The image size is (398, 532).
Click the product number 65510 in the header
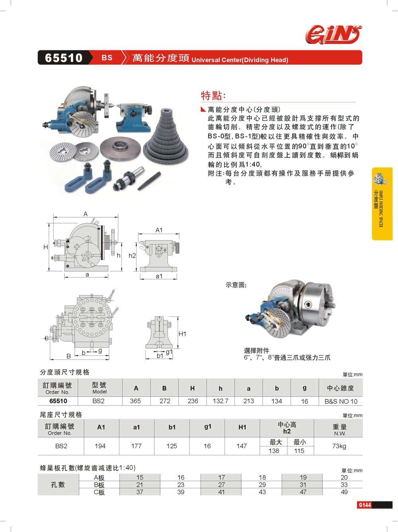[64, 58]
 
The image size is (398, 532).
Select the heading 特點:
[213, 96]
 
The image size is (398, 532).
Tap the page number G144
[365, 505]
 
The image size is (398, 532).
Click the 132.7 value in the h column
[220, 401]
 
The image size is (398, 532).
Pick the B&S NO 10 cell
[341, 401]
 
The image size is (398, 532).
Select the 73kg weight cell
[339, 446]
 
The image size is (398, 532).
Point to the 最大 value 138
[274, 451]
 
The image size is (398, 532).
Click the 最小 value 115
[299, 451]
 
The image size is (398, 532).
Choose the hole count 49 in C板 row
[344, 492]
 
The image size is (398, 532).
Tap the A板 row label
[99, 478]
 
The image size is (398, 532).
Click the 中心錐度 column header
[340, 388]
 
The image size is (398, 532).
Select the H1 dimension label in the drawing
[182, 334]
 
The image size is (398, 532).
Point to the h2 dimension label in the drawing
[132, 256]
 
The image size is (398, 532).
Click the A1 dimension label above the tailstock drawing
[159, 230]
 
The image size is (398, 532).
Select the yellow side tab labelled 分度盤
[382, 204]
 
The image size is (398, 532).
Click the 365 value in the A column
[135, 401]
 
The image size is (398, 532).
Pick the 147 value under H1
[242, 446]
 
